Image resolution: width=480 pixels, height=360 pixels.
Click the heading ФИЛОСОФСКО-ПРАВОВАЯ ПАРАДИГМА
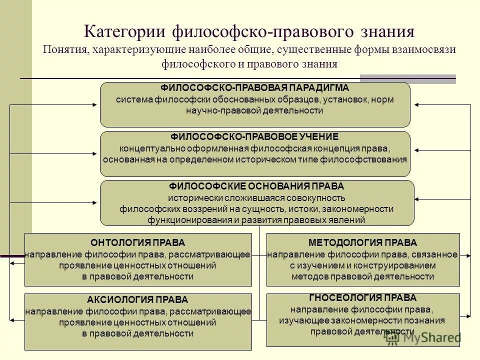255,87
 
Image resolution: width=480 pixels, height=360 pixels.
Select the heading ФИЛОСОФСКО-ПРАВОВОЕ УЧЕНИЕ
255,136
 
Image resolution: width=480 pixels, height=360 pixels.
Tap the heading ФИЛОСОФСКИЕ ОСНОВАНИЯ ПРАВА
257,186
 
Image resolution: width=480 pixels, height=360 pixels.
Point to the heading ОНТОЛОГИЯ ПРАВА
138,243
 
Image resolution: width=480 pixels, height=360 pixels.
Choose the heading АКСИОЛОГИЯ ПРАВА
138,300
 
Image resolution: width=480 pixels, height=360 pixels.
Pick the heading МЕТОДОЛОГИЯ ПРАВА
362,243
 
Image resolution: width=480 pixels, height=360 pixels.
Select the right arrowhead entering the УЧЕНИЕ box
415,150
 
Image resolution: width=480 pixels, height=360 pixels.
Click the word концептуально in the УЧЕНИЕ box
145,148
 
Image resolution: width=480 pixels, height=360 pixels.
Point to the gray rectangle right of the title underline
408,78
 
